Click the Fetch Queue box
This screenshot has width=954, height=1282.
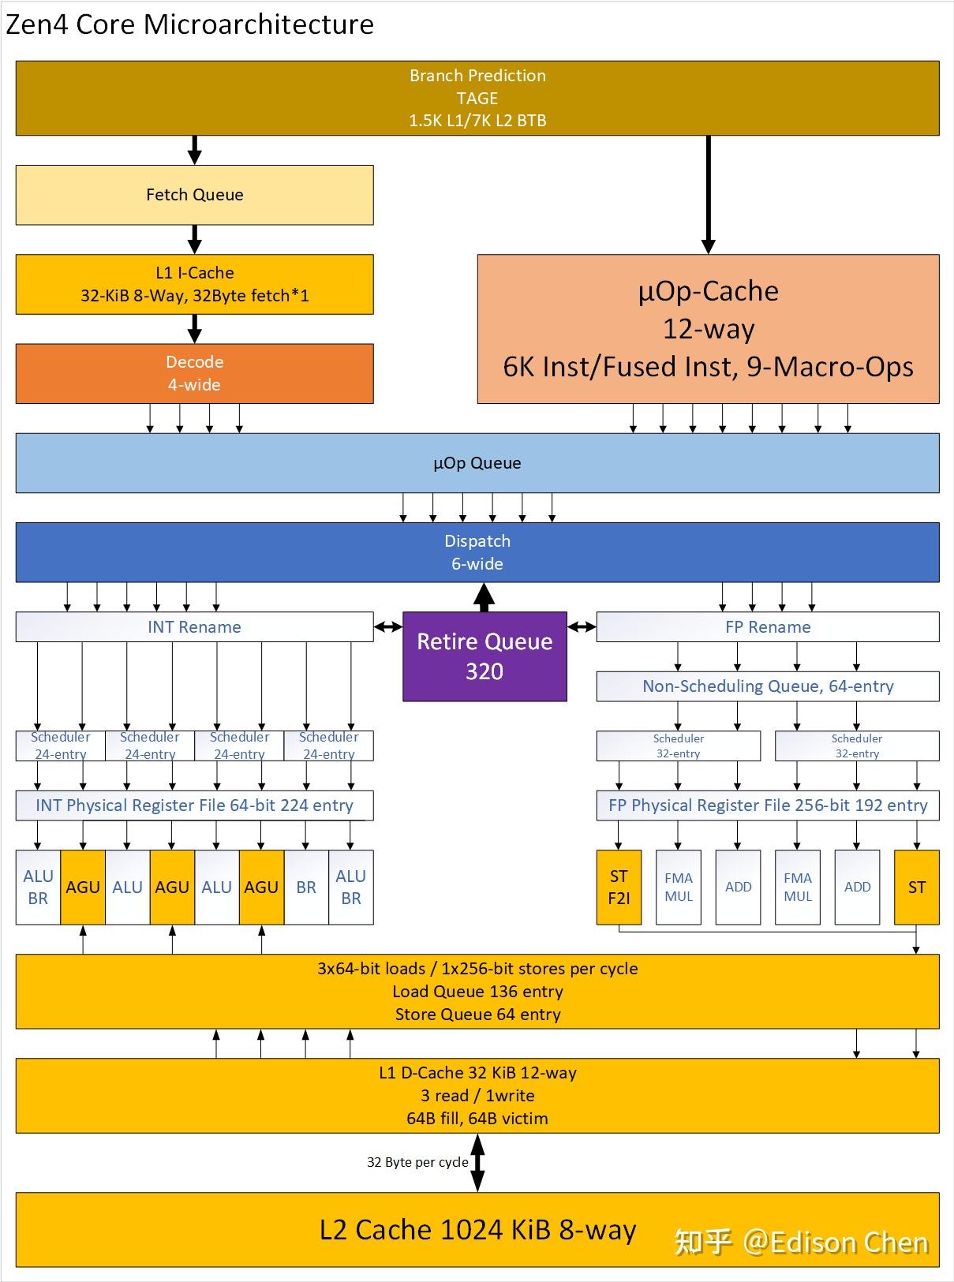pos(194,195)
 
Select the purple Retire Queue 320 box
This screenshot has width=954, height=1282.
pos(484,656)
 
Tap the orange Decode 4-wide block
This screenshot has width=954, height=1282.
pos(194,373)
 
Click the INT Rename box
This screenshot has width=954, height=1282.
pos(194,626)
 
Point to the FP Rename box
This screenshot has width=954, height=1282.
pos(768,626)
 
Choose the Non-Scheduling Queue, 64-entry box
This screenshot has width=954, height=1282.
pos(768,686)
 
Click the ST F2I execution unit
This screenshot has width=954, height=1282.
pos(619,888)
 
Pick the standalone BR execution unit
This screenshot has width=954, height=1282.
pos(306,888)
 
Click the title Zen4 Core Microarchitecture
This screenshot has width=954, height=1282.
pos(189,24)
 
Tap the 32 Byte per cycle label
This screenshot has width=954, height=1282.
pos(417,1162)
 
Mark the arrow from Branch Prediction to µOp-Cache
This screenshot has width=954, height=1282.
pos(709,195)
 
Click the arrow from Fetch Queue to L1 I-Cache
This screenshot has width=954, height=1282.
pos(195,239)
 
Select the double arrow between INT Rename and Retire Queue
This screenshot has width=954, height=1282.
pos(388,626)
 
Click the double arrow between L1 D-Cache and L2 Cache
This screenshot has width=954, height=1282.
pos(477,1162)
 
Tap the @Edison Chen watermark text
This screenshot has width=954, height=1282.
pos(836,1242)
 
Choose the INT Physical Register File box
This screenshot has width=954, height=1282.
pos(194,805)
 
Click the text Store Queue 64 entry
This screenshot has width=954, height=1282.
pos(477,1015)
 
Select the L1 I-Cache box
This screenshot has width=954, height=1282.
pos(194,284)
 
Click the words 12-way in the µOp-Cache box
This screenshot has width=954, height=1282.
pos(709,330)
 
